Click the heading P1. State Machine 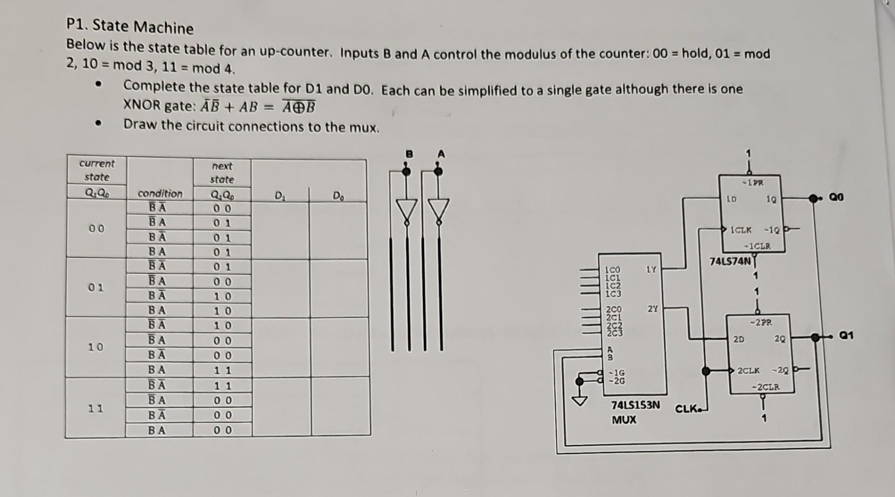point(130,27)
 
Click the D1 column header point(279,195)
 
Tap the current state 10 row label point(96,347)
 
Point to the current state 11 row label point(96,408)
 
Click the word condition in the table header point(160,193)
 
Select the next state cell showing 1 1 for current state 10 point(222,371)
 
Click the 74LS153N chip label point(635,405)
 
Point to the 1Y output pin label point(651,269)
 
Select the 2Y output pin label point(653,309)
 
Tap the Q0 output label point(836,198)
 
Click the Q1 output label point(847,336)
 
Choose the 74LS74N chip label point(730,262)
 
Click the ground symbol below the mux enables point(580,400)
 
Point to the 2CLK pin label point(749,371)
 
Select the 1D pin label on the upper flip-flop point(732,199)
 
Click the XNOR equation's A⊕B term point(299,108)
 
